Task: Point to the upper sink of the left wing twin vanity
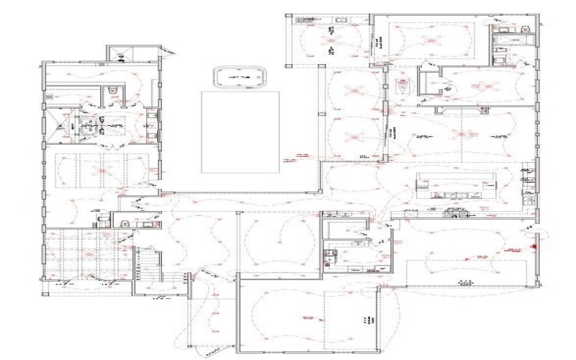point(150,113)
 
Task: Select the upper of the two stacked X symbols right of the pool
point(353,90)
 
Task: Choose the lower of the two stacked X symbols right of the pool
point(353,135)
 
